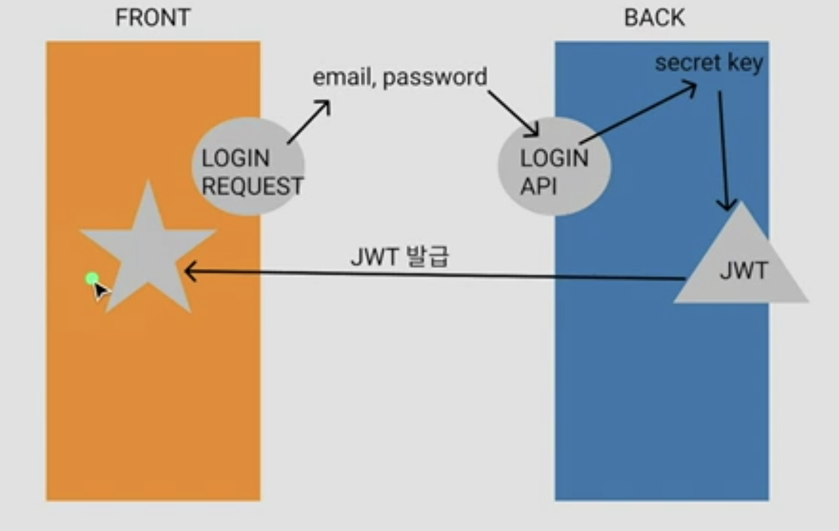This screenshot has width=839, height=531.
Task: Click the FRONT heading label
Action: [152, 18]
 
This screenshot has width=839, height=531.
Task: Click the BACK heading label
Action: [654, 18]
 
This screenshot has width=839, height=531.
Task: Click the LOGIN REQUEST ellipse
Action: [248, 166]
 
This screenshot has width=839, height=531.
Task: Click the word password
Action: [435, 77]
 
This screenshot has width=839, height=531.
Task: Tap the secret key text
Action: [708, 64]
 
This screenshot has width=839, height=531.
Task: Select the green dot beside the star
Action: [92, 278]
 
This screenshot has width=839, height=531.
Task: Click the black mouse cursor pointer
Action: [102, 291]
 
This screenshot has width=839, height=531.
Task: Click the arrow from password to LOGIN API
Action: [514, 114]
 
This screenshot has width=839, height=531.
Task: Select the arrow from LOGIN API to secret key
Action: [638, 114]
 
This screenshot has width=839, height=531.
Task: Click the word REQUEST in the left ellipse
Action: [252, 186]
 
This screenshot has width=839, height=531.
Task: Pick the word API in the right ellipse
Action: [538, 186]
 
